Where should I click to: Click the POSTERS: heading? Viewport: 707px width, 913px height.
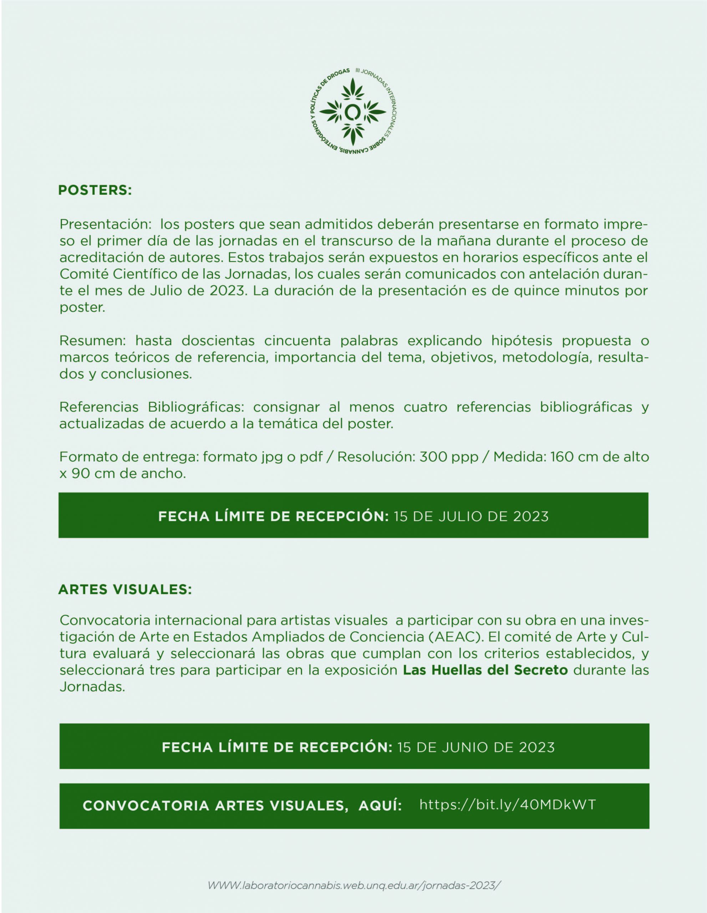pos(95,190)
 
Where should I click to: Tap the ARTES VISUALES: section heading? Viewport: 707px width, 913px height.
pos(125,590)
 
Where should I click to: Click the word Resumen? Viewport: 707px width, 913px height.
pos(92,341)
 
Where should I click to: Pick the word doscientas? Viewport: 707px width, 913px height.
pos(218,341)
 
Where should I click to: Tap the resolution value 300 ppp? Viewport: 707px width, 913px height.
pos(449,457)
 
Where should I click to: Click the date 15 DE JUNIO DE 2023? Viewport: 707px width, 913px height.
pos(476,748)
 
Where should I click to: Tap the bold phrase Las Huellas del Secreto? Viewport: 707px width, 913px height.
pos(485,670)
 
